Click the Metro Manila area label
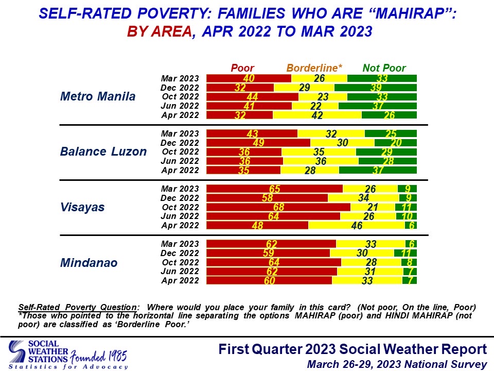tap(98, 96)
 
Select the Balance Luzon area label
tap(103, 151)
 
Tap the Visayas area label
tap(82, 207)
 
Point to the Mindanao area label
tap(89, 263)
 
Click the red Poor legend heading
tap(242, 68)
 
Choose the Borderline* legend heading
tap(314, 68)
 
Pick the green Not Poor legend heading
tap(384, 68)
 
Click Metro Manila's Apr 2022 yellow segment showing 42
tap(317, 115)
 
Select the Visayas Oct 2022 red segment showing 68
tap(278, 207)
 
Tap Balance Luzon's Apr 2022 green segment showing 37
tap(378, 170)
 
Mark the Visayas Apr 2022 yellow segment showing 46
tap(356, 226)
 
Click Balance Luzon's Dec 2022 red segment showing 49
tap(258, 142)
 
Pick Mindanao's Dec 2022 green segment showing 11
tap(405, 253)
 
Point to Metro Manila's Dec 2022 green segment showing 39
tap(375, 88)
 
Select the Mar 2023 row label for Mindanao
tap(180, 244)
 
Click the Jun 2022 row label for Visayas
tap(180, 216)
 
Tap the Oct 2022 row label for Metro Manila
tap(180, 96)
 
